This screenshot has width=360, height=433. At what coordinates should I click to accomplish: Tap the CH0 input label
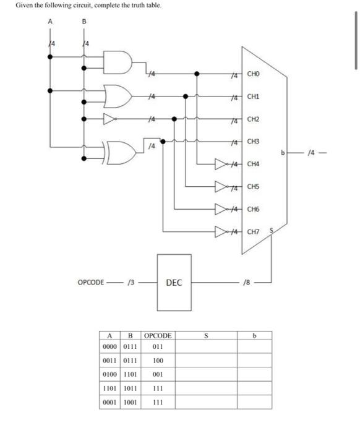[x=254, y=75]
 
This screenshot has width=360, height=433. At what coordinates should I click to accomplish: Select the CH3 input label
[x=254, y=142]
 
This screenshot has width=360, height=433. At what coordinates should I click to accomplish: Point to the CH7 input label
[x=254, y=232]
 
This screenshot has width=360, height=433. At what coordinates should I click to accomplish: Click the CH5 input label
[x=254, y=186]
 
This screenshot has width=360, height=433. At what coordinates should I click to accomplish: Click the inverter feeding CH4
[x=221, y=165]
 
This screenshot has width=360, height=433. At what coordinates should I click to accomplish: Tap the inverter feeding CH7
[x=221, y=232]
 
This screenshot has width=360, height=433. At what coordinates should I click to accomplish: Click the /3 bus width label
[x=131, y=283]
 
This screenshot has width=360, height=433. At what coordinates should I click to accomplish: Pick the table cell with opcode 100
[x=157, y=360]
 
